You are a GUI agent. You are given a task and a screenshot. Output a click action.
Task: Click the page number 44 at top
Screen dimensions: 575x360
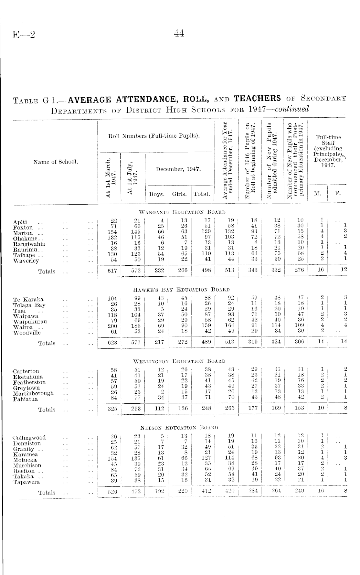tap(179, 33)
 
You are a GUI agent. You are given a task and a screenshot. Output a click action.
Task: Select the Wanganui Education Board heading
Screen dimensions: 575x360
tap(182, 212)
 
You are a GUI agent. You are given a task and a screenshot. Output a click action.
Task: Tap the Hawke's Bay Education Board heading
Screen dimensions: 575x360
tap(181, 290)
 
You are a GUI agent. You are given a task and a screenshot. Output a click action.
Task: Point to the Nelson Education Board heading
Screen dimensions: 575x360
tap(179, 428)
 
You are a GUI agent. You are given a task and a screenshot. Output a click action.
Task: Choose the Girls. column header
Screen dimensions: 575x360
tap(179, 194)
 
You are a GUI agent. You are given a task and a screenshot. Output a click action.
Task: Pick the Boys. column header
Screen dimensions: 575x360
tap(157, 194)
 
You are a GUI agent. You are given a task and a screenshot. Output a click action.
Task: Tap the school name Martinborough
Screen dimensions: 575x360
tap(33, 393)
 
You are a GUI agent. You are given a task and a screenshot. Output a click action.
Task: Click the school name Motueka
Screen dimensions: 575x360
tap(25, 460)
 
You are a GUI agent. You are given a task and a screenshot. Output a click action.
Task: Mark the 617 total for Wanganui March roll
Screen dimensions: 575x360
tap(112, 271)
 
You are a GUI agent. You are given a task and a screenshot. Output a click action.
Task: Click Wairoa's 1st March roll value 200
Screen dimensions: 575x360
tap(112, 326)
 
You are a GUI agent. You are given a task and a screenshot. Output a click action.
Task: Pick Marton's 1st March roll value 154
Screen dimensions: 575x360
tap(112, 232)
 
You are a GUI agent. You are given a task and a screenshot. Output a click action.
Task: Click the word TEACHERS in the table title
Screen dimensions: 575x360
tap(257, 98)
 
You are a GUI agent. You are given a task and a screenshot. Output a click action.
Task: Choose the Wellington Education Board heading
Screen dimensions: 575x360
tap(179, 361)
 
